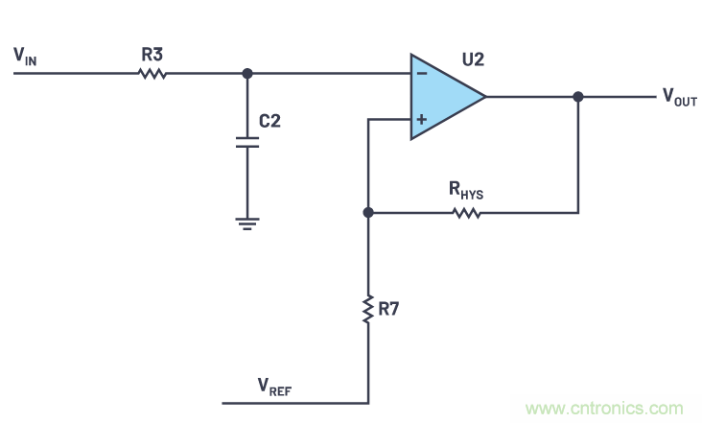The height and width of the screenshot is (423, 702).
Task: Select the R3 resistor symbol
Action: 152,73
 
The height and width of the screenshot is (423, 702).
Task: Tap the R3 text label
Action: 152,54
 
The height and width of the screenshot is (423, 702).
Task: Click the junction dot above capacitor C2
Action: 247,73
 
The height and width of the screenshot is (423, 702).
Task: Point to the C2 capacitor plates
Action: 247,142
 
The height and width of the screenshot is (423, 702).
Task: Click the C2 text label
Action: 271,123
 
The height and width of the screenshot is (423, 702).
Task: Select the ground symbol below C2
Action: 247,223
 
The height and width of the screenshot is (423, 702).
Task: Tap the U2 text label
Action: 473,59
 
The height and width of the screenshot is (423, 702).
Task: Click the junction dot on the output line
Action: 577,96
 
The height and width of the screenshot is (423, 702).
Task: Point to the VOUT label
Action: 679,98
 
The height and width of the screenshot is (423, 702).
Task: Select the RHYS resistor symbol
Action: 466,212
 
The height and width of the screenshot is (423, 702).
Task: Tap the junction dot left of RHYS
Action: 367,212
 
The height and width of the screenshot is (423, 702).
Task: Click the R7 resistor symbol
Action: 367,309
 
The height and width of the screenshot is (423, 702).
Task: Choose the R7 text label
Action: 388,309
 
